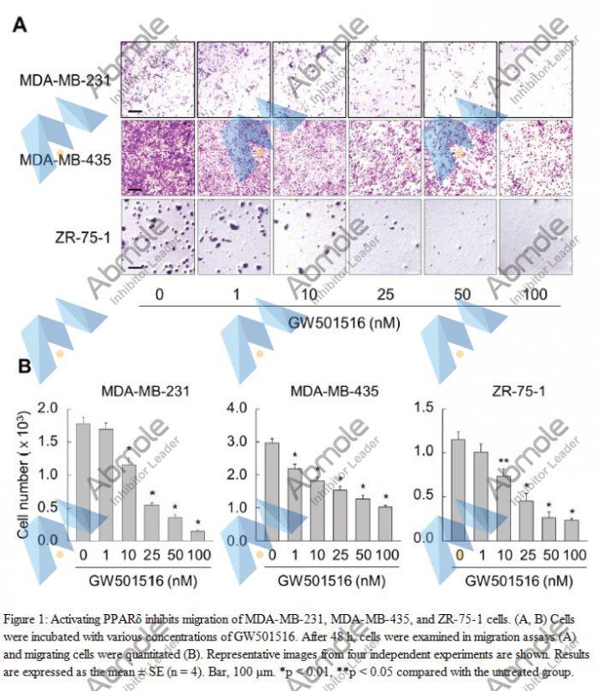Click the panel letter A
tap(19, 25)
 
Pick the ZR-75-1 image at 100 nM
tap(535, 237)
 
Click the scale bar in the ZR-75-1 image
tap(135, 266)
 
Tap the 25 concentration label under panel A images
tap(384, 294)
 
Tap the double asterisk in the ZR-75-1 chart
tap(504, 461)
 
